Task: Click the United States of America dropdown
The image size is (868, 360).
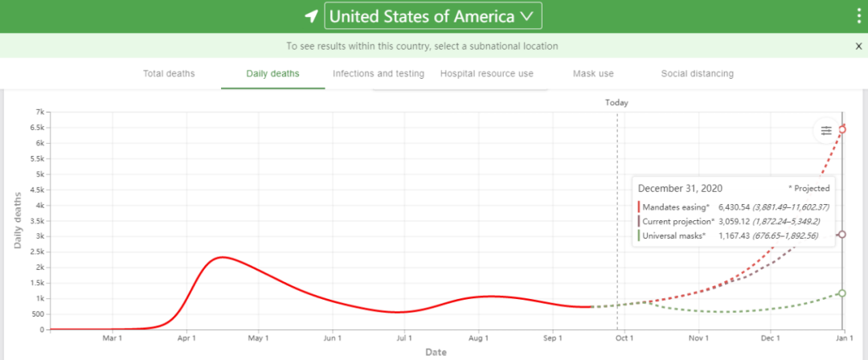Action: [x=432, y=16]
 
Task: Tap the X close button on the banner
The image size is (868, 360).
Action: [x=858, y=47]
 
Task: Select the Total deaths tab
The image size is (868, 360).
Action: [x=169, y=74]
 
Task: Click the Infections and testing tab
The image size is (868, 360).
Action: [x=379, y=74]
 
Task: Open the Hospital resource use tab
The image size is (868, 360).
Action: [x=486, y=74]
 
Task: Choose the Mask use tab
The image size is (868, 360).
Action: [x=593, y=74]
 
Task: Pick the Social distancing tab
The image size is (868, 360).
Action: [x=697, y=74]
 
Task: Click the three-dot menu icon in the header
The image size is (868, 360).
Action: [x=858, y=16]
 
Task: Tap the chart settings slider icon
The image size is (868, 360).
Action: [x=825, y=131]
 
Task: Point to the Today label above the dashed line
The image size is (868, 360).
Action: [x=616, y=103]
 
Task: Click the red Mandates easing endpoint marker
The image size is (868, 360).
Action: [x=842, y=129]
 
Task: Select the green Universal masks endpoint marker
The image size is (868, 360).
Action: [x=842, y=293]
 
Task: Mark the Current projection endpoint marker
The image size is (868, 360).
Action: [x=842, y=235]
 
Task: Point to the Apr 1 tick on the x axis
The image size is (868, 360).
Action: [x=186, y=339]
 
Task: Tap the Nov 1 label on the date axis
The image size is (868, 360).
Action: [x=698, y=339]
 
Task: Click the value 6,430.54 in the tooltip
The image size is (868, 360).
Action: [x=739, y=207]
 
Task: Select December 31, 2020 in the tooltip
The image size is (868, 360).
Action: [x=680, y=188]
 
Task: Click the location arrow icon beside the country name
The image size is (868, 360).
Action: [x=311, y=16]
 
